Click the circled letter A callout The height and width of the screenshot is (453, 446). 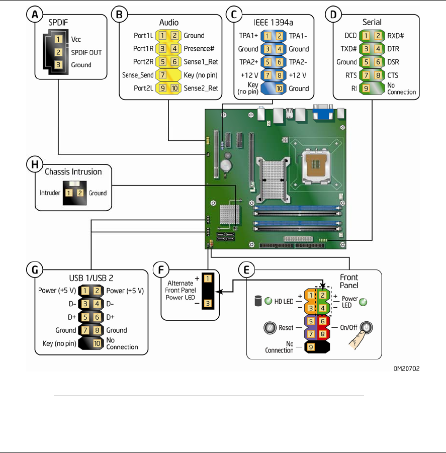(x=35, y=14)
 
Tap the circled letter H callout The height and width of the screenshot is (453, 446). (x=35, y=164)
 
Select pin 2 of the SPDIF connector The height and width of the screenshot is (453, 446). (x=58, y=52)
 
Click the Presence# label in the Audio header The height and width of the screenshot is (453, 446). (x=199, y=49)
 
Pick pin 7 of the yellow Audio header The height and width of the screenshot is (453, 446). (x=162, y=75)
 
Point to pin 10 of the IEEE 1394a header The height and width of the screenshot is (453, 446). (x=279, y=88)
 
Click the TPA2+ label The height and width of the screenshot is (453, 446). (x=248, y=62)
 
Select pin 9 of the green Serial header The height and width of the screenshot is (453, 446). (x=366, y=88)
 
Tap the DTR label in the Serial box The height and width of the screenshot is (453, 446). (x=393, y=49)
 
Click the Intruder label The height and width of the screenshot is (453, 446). (x=50, y=193)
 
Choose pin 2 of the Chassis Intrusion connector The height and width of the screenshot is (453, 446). (x=80, y=193)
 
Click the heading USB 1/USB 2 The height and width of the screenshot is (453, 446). (x=92, y=278)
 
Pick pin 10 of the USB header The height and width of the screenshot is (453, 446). (x=97, y=343)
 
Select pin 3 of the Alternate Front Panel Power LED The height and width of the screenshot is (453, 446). (x=208, y=303)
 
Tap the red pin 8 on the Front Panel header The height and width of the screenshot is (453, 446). (x=323, y=334)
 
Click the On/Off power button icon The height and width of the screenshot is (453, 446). (x=366, y=327)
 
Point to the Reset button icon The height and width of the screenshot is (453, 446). (x=270, y=328)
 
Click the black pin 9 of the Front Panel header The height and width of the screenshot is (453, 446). (x=311, y=347)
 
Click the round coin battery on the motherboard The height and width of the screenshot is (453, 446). (x=226, y=165)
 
